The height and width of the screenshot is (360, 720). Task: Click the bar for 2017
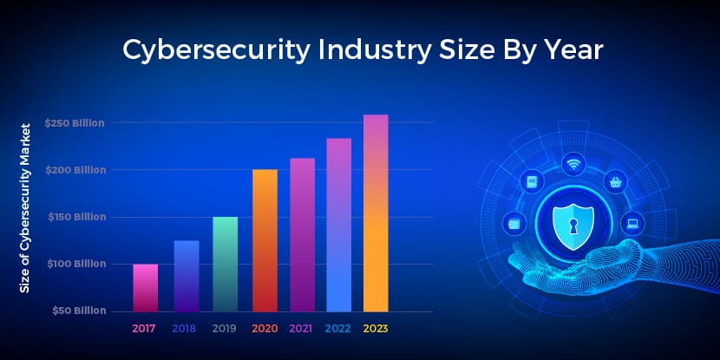click(x=145, y=287)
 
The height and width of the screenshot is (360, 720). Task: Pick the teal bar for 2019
click(x=225, y=264)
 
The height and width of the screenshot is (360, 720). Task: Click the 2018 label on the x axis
click(x=184, y=329)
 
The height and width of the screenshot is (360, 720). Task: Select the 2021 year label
click(x=301, y=329)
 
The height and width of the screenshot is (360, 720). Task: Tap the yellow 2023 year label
click(x=376, y=329)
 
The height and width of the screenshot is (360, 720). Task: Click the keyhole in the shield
click(x=573, y=224)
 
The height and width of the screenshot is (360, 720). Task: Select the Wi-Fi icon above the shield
click(x=573, y=163)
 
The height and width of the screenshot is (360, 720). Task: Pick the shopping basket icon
click(x=616, y=181)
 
